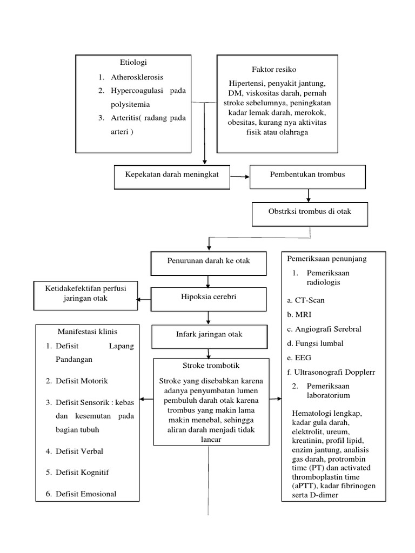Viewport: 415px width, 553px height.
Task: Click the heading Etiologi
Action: click(133, 63)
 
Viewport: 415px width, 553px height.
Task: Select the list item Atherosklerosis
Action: click(138, 77)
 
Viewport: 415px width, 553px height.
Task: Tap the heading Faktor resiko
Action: click(273, 70)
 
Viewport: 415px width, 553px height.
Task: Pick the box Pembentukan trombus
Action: click(307, 175)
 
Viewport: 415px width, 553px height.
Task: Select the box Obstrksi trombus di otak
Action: click(310, 211)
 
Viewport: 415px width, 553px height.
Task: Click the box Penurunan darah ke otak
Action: click(208, 261)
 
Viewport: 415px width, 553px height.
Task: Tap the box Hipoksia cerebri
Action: click(208, 297)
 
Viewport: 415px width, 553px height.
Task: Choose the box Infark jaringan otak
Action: click(208, 334)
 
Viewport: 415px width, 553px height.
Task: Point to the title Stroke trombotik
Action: click(208, 366)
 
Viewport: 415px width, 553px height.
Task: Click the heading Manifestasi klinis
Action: click(87, 331)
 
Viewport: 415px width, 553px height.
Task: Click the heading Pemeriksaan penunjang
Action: click(326, 259)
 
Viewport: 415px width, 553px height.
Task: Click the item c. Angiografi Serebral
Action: click(324, 329)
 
